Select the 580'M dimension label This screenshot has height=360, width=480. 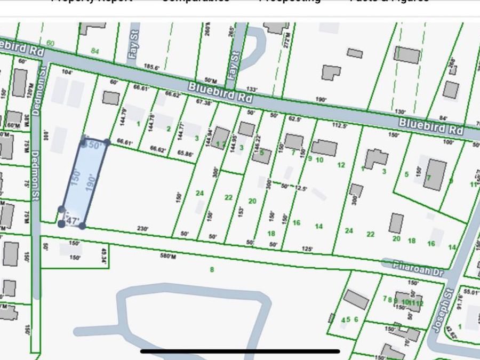click(168, 256)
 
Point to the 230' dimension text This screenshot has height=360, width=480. click(142, 228)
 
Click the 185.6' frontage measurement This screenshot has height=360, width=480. click(152, 67)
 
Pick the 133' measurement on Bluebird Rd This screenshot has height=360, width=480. click(252, 89)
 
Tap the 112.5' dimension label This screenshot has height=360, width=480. click(340, 126)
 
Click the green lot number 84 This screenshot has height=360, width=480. click(95, 51)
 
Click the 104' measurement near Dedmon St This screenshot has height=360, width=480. click(67, 71)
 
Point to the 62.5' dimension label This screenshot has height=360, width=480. click(295, 119)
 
